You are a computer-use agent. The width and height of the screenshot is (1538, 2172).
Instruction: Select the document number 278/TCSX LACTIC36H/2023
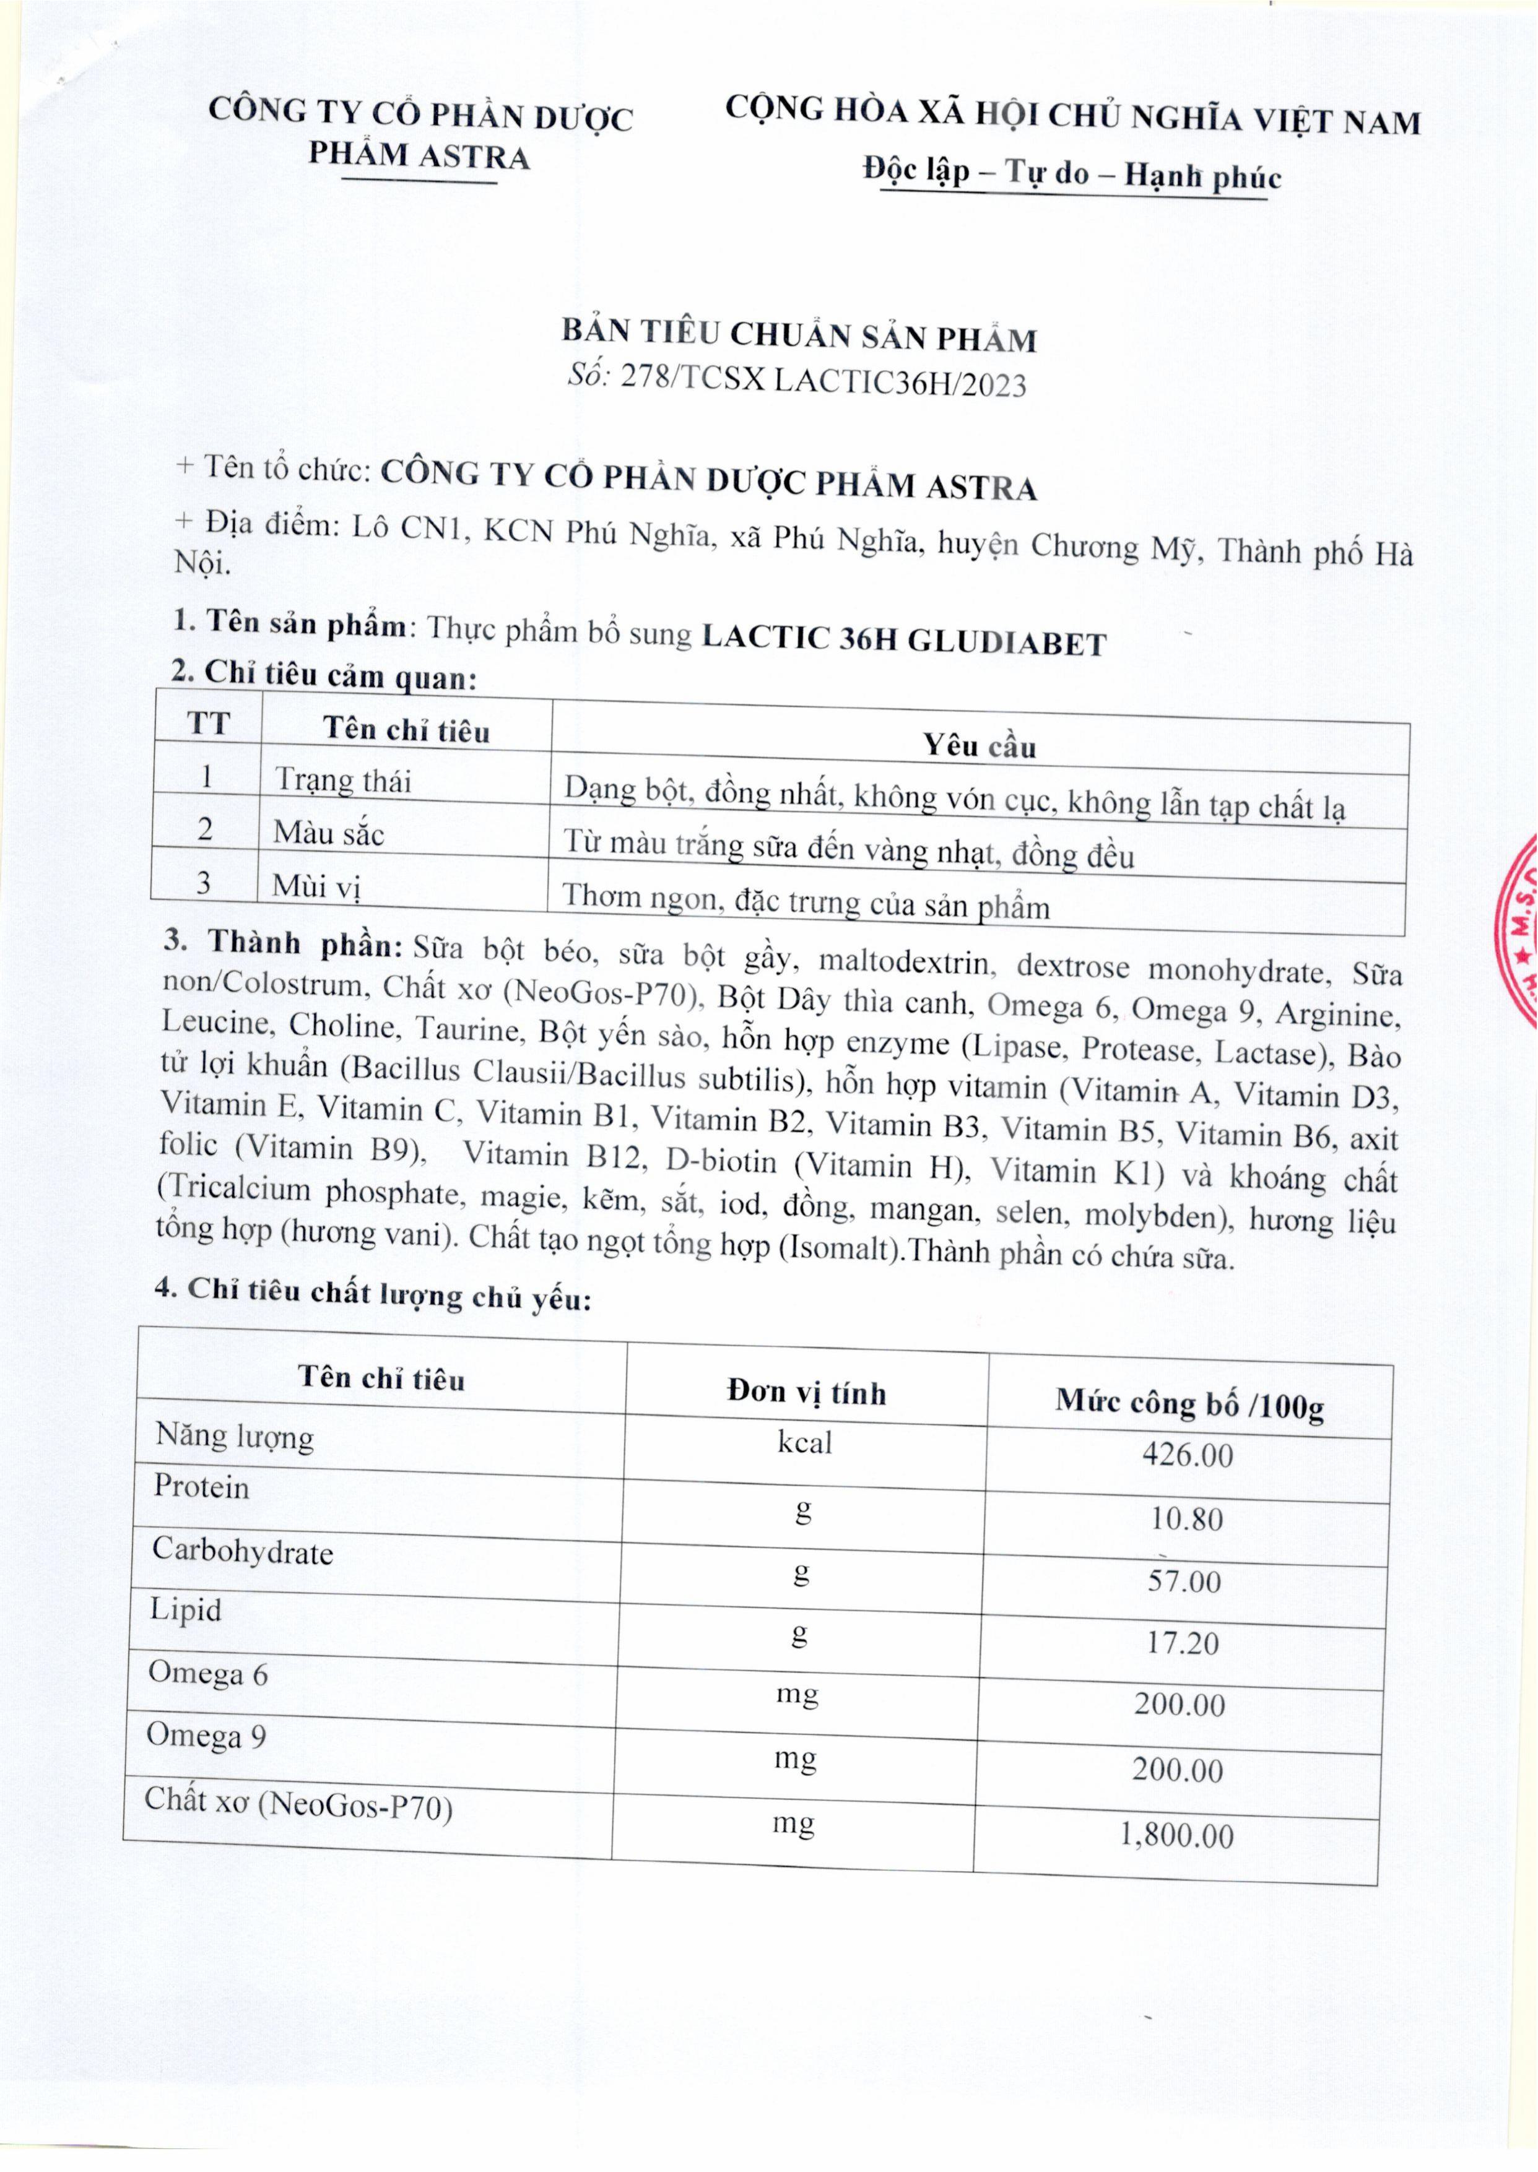[x=823, y=383]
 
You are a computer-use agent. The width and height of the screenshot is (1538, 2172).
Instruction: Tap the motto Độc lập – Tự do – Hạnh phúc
[x=1072, y=175]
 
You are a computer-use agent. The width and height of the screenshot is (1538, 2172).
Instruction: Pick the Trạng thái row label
[x=343, y=780]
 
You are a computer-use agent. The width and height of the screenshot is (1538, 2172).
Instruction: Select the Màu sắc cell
[x=329, y=833]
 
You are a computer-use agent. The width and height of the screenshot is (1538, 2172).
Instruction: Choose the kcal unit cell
[x=804, y=1442]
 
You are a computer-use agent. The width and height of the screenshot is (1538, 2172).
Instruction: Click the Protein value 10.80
[x=1187, y=1519]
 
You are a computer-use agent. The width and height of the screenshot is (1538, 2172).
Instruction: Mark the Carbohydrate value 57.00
[x=1184, y=1581]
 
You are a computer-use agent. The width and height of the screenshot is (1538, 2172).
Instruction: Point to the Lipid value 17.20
[x=1183, y=1643]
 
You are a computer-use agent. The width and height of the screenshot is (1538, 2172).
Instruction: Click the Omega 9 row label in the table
[x=206, y=1736]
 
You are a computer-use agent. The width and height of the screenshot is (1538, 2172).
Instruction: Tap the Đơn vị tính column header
[x=806, y=1392]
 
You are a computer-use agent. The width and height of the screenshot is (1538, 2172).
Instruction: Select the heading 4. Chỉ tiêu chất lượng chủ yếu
[x=373, y=1292]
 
